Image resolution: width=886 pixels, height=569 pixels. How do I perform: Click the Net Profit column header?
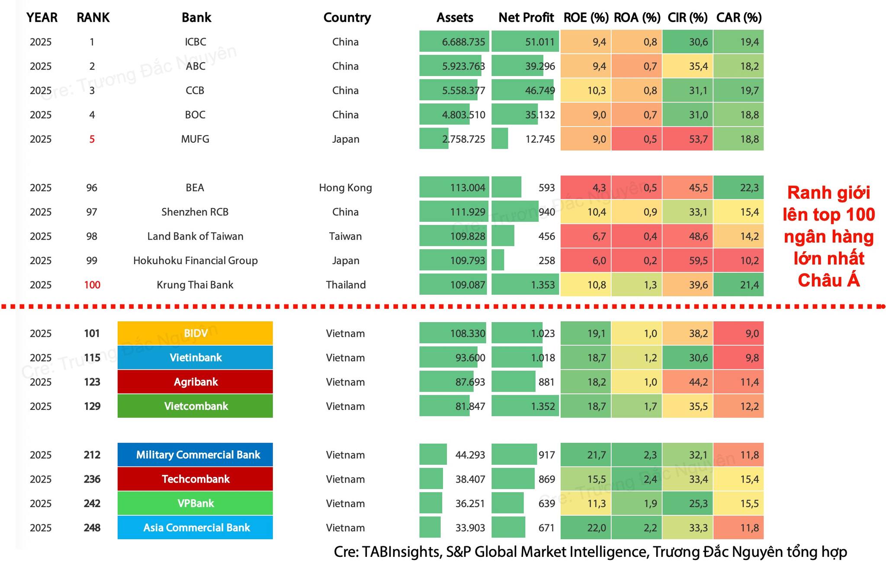pyautogui.click(x=526, y=18)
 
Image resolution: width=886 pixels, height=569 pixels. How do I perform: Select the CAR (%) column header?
pyautogui.click(x=739, y=18)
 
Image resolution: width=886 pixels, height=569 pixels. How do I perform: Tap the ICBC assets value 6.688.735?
pyautogui.click(x=463, y=42)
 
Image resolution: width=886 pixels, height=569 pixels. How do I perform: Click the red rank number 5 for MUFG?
pyautogui.click(x=92, y=139)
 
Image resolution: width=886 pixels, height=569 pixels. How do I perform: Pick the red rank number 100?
pyautogui.click(x=92, y=285)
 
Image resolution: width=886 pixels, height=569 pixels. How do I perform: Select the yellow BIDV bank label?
pyautogui.click(x=195, y=333)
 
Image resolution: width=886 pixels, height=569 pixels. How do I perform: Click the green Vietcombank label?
pyautogui.click(x=195, y=406)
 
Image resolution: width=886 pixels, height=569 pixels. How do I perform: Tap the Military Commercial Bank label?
pyautogui.click(x=198, y=455)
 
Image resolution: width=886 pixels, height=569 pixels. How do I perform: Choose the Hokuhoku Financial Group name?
pyautogui.click(x=195, y=261)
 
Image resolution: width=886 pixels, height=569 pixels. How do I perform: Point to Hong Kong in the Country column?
pyautogui.click(x=345, y=188)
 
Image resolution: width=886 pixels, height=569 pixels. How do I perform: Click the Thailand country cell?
pyautogui.click(x=346, y=285)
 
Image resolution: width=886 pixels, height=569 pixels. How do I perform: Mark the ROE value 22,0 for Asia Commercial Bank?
pyautogui.click(x=597, y=528)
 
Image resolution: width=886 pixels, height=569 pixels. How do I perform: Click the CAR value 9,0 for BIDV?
pyautogui.click(x=752, y=333)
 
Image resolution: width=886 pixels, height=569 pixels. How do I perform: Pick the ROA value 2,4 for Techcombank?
pyautogui.click(x=650, y=479)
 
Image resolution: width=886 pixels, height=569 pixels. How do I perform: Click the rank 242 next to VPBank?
pyautogui.click(x=92, y=504)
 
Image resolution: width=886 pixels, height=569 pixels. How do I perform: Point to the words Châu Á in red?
pyautogui.click(x=828, y=281)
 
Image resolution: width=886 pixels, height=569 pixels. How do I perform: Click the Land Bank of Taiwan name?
pyautogui.click(x=195, y=237)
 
